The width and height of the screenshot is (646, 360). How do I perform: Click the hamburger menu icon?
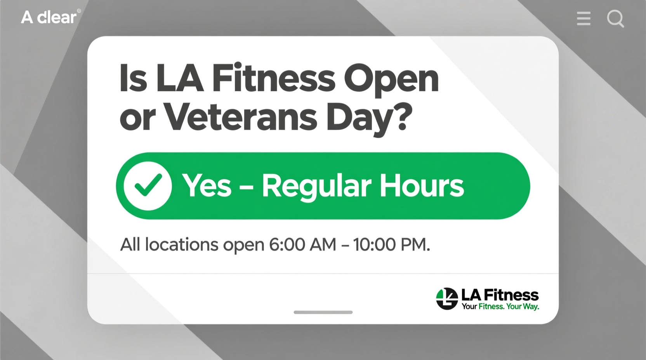(583, 18)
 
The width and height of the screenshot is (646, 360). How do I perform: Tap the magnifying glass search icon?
(615, 18)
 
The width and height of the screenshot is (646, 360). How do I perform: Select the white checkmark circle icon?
(148, 186)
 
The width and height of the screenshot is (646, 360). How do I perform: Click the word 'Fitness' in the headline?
(274, 79)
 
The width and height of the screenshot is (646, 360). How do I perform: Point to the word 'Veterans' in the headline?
(241, 117)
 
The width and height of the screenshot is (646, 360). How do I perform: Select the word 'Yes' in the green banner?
(207, 186)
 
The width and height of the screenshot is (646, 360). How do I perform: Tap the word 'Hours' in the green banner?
(422, 186)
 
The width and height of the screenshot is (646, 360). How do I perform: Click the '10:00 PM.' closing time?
(391, 245)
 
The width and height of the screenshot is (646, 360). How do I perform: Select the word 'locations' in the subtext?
(182, 245)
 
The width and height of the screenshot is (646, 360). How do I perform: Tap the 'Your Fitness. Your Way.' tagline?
(500, 306)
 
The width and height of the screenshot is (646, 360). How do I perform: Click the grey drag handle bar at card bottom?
(323, 312)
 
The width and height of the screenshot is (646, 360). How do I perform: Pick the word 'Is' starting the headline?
(133, 79)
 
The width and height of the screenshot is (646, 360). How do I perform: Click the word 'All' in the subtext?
(130, 245)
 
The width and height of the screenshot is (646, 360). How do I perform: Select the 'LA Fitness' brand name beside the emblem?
(500, 295)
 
